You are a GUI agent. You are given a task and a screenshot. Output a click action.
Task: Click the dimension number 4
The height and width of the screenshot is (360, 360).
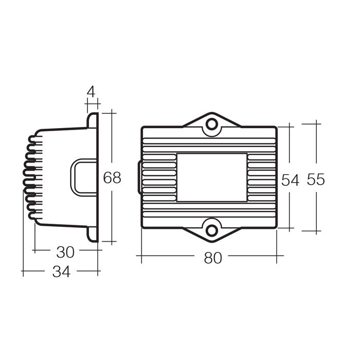click(x=91, y=92)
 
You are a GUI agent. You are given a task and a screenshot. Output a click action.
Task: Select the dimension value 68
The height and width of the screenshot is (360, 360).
click(x=112, y=178)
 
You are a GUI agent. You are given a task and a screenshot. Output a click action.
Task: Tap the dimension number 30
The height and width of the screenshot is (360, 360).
click(x=65, y=252)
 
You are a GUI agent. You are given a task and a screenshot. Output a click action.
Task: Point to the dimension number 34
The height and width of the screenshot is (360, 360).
click(x=61, y=272)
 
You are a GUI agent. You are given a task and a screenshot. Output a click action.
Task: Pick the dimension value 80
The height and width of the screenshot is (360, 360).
click(x=213, y=258)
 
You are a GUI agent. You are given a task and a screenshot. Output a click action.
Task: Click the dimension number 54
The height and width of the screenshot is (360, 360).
click(x=290, y=180)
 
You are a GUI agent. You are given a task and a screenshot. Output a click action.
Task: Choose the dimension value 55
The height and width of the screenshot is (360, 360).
click(x=316, y=179)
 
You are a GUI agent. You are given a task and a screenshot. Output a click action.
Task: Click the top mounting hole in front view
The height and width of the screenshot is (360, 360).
click(x=212, y=124)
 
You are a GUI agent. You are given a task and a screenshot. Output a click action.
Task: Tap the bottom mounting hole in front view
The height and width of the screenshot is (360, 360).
click(x=212, y=230)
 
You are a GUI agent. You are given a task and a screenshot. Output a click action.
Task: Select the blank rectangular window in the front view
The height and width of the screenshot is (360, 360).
click(x=212, y=177)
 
